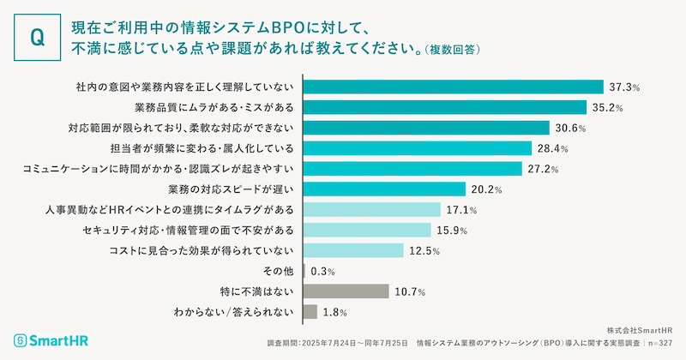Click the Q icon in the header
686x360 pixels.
tap(37, 37)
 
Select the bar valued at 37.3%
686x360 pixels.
tap(454, 87)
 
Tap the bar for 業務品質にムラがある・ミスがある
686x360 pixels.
tap(445, 107)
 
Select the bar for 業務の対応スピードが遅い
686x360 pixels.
tap(385, 189)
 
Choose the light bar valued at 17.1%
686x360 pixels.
tap(372, 210)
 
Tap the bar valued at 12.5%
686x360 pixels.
tap(354, 250)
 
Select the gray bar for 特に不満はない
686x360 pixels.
tap(346, 291)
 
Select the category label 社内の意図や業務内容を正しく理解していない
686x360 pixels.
tap(185, 87)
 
